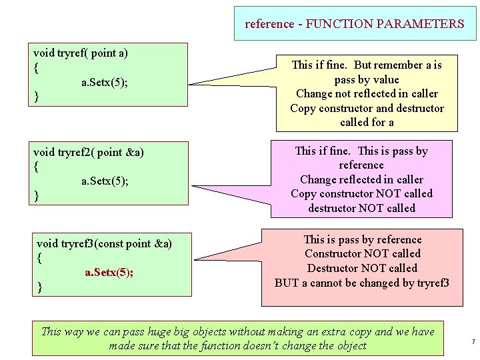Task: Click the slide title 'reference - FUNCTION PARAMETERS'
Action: point(355,24)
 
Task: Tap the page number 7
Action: point(473,342)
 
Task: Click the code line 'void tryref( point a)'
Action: point(81,52)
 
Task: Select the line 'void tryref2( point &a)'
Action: point(89,152)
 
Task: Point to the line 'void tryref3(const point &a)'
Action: point(105,243)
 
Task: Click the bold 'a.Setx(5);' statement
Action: point(109,272)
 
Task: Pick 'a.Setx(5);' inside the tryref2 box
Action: point(105,181)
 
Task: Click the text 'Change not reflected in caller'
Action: point(367,93)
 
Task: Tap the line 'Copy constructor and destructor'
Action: point(367,108)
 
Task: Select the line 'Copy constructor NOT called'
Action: point(361,193)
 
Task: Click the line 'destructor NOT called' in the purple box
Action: point(361,208)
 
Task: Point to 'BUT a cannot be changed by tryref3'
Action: point(362,282)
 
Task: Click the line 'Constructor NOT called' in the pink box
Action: point(362,253)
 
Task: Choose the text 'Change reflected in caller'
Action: point(361,179)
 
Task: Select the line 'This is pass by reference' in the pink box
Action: point(362,239)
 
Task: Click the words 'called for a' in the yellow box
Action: point(367,122)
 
